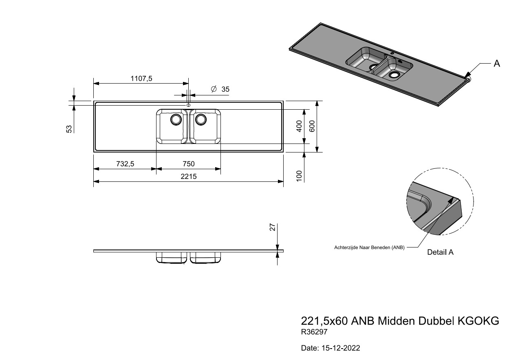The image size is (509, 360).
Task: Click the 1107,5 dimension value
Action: [x=141, y=79]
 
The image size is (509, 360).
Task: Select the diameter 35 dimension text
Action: [x=220, y=89]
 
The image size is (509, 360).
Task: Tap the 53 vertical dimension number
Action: [x=69, y=129]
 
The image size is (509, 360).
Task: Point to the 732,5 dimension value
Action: [x=125, y=164]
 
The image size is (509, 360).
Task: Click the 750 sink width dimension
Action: [x=189, y=164]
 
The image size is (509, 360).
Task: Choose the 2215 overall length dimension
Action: [x=189, y=176]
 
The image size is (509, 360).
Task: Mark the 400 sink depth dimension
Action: [x=299, y=126]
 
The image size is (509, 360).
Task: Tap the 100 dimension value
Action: [x=299, y=176]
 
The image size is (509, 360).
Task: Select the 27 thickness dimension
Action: [x=273, y=227]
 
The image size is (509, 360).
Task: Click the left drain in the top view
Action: [x=176, y=119]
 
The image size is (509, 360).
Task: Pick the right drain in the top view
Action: [x=201, y=119]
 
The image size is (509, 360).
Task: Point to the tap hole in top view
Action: [x=188, y=106]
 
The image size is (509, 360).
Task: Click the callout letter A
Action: [x=497, y=63]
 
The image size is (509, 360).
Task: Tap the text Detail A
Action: [x=440, y=252]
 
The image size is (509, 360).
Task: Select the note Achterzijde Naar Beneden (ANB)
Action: [x=369, y=247]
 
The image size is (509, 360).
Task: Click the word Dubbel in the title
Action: [x=436, y=321]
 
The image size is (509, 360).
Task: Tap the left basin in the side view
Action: [x=172, y=258]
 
